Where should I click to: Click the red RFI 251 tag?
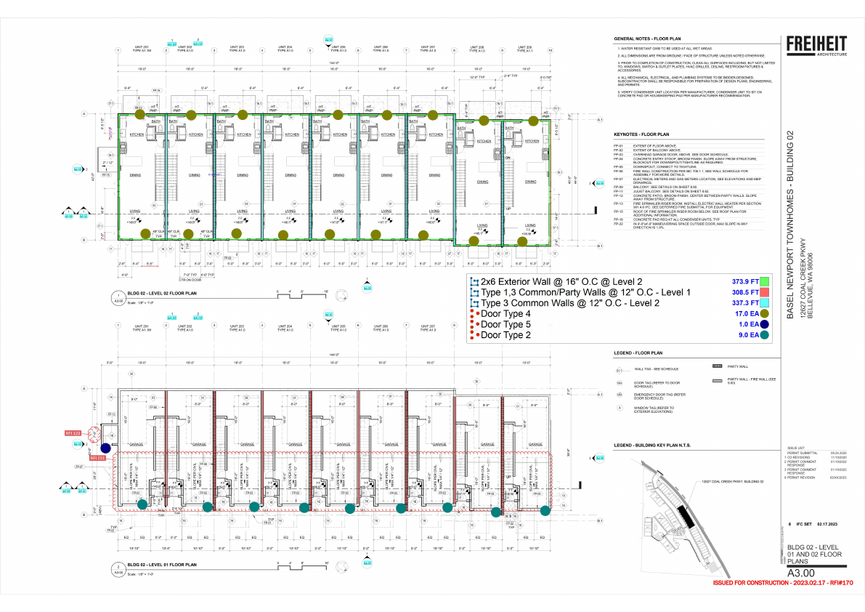(98, 459)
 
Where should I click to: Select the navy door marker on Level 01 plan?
(106, 448)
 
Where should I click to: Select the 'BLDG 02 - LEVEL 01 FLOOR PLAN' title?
(161, 565)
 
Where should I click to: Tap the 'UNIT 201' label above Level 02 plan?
(142, 47)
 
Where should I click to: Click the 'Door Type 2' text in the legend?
(506, 335)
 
